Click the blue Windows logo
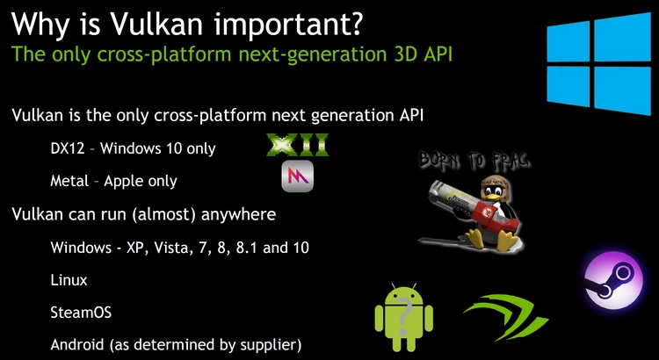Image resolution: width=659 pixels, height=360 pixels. pos(598,63)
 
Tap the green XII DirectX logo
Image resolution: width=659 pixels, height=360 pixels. pos(298,146)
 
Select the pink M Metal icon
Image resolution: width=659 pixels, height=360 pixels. pos(298,176)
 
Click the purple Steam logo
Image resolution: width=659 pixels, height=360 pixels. pos(613,280)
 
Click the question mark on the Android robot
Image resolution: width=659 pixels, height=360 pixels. pos(404,318)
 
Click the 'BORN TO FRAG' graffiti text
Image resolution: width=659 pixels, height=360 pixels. pos(474,161)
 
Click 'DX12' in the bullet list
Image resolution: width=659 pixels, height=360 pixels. pos(68,148)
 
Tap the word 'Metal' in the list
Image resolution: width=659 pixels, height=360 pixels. pos(69,181)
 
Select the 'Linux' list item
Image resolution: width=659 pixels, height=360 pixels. pos(69,280)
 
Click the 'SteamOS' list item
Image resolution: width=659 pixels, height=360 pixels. pos(81,313)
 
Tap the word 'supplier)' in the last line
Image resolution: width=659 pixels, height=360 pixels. pos(271,346)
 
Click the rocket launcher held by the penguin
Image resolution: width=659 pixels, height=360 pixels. pos(472,205)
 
